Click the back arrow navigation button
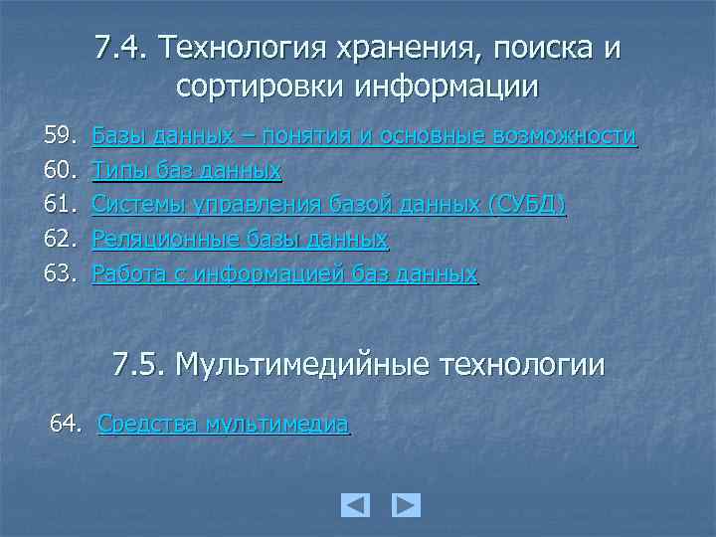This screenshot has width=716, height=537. click(x=355, y=505)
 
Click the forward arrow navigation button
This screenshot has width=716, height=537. click(x=406, y=505)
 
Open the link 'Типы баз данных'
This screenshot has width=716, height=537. click(x=186, y=171)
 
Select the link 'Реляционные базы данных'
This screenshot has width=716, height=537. click(x=239, y=240)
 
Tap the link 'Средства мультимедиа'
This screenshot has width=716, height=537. click(x=224, y=425)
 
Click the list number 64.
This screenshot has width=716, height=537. click(x=68, y=425)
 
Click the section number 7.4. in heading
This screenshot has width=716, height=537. click(x=122, y=48)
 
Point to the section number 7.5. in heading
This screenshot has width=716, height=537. click(x=138, y=365)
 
